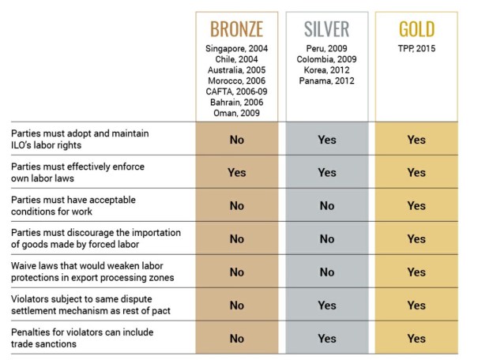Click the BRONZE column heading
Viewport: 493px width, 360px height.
click(x=236, y=30)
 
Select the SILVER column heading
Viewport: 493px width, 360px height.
click(x=326, y=30)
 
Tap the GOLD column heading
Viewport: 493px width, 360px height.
click(x=416, y=30)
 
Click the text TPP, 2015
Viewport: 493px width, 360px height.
click(x=416, y=49)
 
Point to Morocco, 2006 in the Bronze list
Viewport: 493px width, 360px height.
click(x=236, y=81)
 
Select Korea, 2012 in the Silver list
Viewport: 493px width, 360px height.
click(x=326, y=70)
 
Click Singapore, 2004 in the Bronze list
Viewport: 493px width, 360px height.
click(x=236, y=49)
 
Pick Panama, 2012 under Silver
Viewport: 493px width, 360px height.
click(x=326, y=81)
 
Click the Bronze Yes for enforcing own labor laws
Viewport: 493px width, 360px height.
click(x=236, y=172)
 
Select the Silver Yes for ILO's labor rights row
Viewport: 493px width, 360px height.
click(x=326, y=140)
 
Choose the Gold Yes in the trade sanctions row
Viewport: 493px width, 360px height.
click(x=416, y=338)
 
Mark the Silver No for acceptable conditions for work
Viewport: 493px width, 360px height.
click(x=326, y=205)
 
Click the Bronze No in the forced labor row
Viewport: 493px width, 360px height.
click(x=236, y=238)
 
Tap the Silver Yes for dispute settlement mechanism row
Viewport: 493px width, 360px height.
click(x=326, y=305)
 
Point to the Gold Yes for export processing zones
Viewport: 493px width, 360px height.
click(x=416, y=272)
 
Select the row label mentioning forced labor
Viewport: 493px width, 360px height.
click(x=96, y=238)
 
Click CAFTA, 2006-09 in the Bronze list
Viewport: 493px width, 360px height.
click(x=236, y=91)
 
